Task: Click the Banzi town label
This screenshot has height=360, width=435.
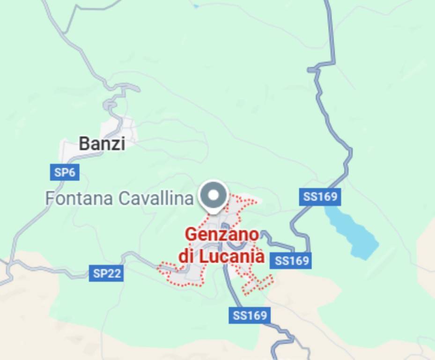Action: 102,143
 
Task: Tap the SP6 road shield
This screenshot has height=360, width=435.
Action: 64,172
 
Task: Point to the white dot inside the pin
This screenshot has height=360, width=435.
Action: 214,194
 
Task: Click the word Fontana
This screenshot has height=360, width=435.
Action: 79,198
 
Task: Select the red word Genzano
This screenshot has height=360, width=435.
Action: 222,234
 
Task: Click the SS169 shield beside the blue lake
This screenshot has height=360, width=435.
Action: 320,197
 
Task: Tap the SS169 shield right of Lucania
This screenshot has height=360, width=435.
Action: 292,260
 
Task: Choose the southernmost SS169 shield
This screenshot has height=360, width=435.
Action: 250,315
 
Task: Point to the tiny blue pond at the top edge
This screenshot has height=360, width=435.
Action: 196,6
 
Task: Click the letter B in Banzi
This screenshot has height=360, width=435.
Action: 84,143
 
